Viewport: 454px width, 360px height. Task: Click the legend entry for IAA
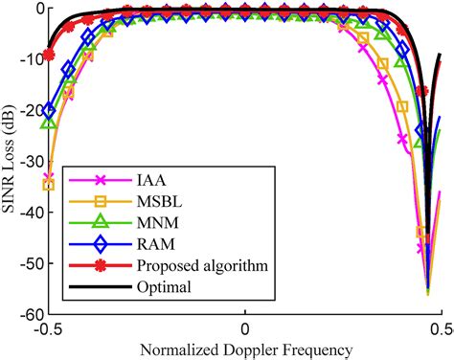[148, 178]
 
